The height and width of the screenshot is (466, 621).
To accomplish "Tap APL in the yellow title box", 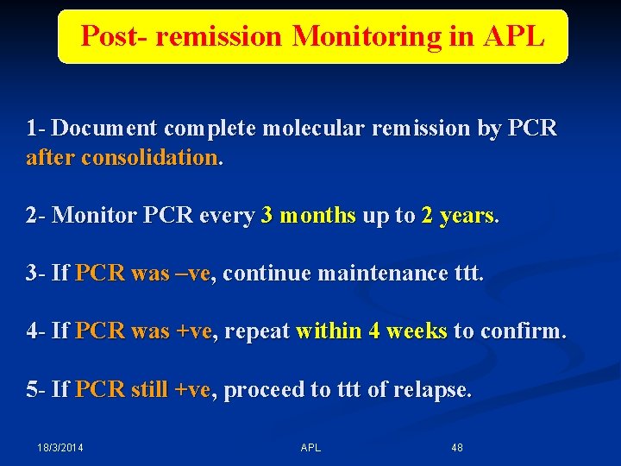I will [514, 36].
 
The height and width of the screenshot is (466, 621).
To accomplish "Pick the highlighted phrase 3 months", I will [308, 216].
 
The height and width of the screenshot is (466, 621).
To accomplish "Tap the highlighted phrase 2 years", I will [458, 216].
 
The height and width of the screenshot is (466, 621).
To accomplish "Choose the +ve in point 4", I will [192, 332].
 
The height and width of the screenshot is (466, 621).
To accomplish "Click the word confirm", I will [526, 332].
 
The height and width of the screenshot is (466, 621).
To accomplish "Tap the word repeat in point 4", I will [256, 332].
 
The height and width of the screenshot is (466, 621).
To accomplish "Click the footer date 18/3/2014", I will [60, 448].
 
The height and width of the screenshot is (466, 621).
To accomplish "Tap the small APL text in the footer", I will [310, 448].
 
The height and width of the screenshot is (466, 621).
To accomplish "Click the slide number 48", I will [457, 448].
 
